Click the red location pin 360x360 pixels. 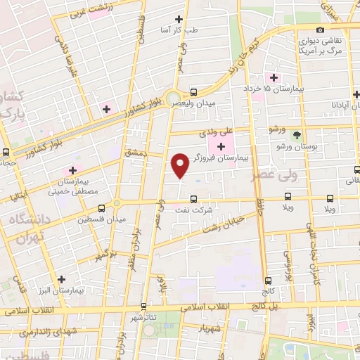[x=180, y=165]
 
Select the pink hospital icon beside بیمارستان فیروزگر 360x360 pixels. [x=222, y=146]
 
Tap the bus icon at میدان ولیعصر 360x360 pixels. [x=194, y=92]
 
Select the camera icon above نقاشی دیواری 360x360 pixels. [x=321, y=30]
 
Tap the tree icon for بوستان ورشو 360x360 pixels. [x=297, y=134]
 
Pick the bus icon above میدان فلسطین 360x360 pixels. [x=102, y=208]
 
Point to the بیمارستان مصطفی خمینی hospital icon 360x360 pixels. [x=71, y=170]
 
